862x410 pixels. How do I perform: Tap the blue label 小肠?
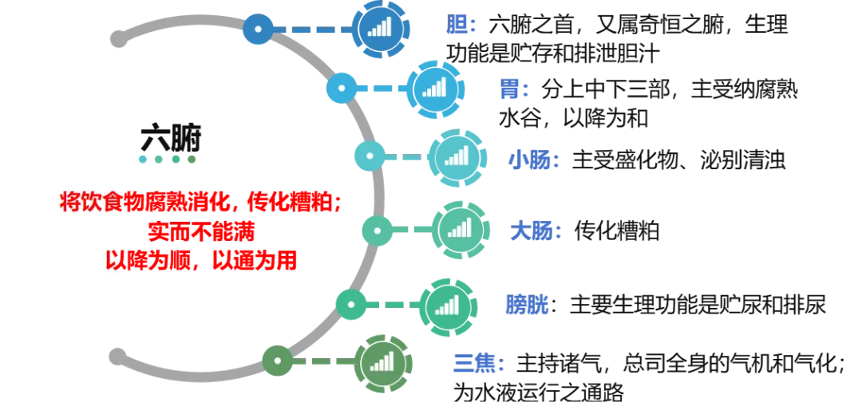click(x=532, y=160)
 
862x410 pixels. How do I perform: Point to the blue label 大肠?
click(x=534, y=231)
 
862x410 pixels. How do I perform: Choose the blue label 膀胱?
click(x=528, y=306)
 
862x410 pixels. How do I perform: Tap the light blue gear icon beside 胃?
click(x=434, y=87)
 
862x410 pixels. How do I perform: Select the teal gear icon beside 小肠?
click(x=457, y=156)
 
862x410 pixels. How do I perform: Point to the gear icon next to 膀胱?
click(x=446, y=305)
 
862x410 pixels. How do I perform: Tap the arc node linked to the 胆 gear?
click(x=258, y=30)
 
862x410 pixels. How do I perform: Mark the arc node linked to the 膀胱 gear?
click(x=350, y=304)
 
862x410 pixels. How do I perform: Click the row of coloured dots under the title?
click(x=167, y=160)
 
